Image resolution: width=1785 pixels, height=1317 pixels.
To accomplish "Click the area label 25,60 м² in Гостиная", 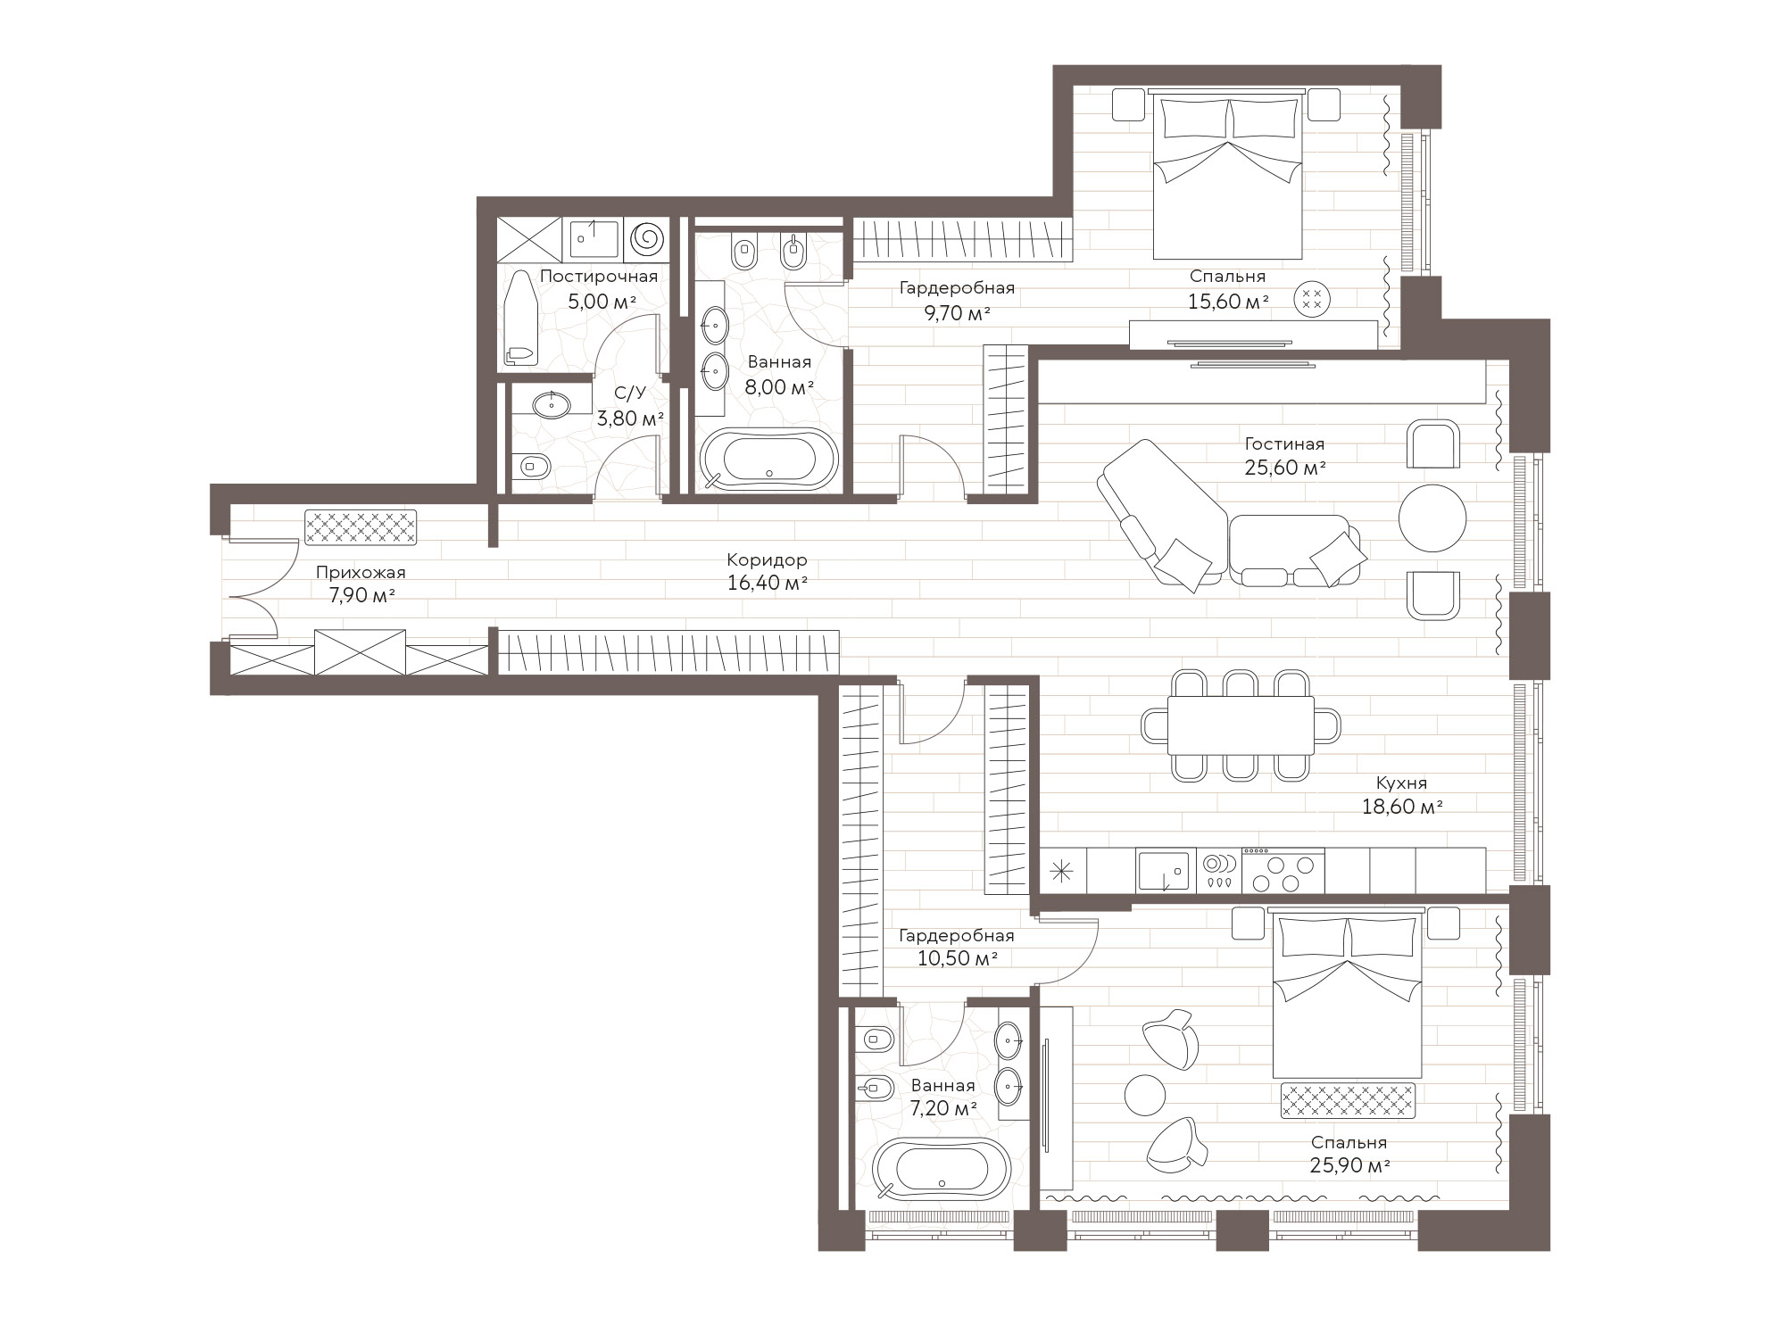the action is (1284, 467).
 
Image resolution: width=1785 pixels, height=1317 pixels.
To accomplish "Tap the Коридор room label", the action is (767, 560).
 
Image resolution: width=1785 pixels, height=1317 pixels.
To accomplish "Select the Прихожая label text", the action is (361, 573).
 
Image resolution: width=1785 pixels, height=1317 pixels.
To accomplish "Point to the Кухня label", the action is (1401, 783).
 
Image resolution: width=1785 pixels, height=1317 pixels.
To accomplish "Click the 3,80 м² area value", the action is (630, 418).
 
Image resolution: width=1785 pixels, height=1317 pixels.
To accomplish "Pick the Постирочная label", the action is (599, 277).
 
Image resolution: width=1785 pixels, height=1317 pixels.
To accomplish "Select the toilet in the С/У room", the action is (534, 465).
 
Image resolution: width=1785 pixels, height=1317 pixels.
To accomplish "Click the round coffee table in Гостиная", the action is (1432, 518).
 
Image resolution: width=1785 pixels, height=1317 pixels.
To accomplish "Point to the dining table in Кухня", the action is (1241, 725).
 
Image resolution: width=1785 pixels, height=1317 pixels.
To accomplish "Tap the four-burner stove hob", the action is (1283, 871).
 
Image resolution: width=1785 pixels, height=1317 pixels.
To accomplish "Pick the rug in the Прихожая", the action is (361, 527).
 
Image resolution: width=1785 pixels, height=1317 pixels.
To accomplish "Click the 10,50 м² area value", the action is (957, 959).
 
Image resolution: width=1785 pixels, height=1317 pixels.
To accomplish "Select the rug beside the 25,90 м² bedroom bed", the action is (1349, 1100).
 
